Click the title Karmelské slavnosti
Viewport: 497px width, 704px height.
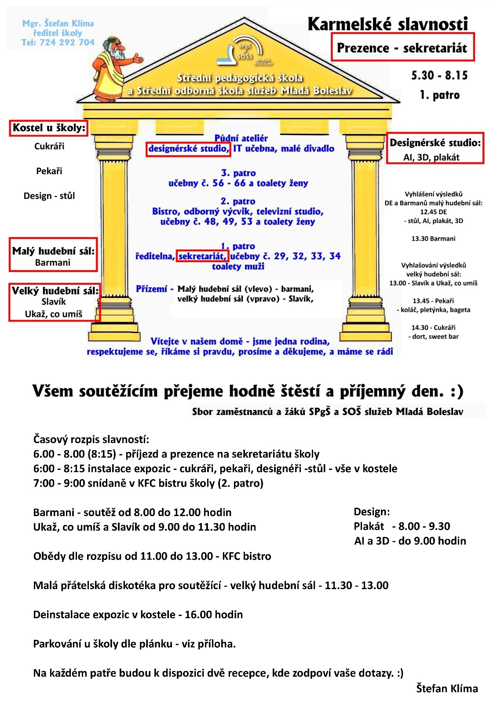[x=387, y=24]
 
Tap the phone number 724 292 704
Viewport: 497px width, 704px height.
[x=67, y=43]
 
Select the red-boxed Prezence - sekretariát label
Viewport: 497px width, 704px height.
[x=402, y=48]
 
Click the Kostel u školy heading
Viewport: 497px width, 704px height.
[x=49, y=128]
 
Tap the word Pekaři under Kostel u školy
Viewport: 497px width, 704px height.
[x=49, y=171]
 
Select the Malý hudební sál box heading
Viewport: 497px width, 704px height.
[x=53, y=251]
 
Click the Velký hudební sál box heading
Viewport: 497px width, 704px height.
[x=55, y=291]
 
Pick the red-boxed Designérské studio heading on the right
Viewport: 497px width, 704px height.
[x=435, y=143]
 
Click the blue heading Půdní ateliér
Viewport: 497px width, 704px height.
[x=241, y=138]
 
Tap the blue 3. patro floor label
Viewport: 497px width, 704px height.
[x=238, y=173]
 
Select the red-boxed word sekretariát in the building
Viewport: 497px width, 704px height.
[x=202, y=256]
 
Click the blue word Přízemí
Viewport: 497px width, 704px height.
[x=151, y=289]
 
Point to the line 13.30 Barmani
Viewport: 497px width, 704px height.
[x=433, y=238]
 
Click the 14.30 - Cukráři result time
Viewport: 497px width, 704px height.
[x=433, y=327]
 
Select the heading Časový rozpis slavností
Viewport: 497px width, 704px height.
[x=91, y=439]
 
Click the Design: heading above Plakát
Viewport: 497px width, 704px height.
[x=372, y=512]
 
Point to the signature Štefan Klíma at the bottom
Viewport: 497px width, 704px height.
[x=447, y=688]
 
